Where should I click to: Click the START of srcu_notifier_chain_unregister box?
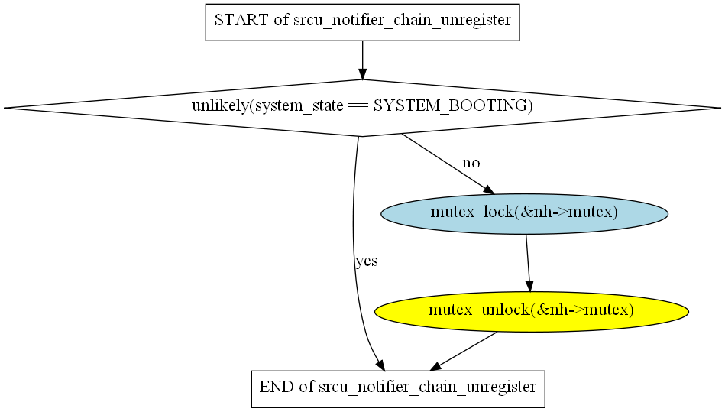pyautogui.click(x=362, y=21)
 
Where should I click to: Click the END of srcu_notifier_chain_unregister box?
pyautogui.click(x=397, y=388)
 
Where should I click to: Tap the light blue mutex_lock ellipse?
pyautogui.click(x=524, y=212)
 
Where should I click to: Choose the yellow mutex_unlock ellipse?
pyautogui.click(x=531, y=310)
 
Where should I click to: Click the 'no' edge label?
pyautogui.click(x=471, y=163)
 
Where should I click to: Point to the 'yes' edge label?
pyautogui.click(x=367, y=261)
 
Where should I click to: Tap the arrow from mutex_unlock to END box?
pyautogui.click(x=465, y=351)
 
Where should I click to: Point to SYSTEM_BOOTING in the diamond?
pyautogui.click(x=452, y=106)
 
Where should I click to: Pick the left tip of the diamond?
pyautogui.click(x=6, y=108)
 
